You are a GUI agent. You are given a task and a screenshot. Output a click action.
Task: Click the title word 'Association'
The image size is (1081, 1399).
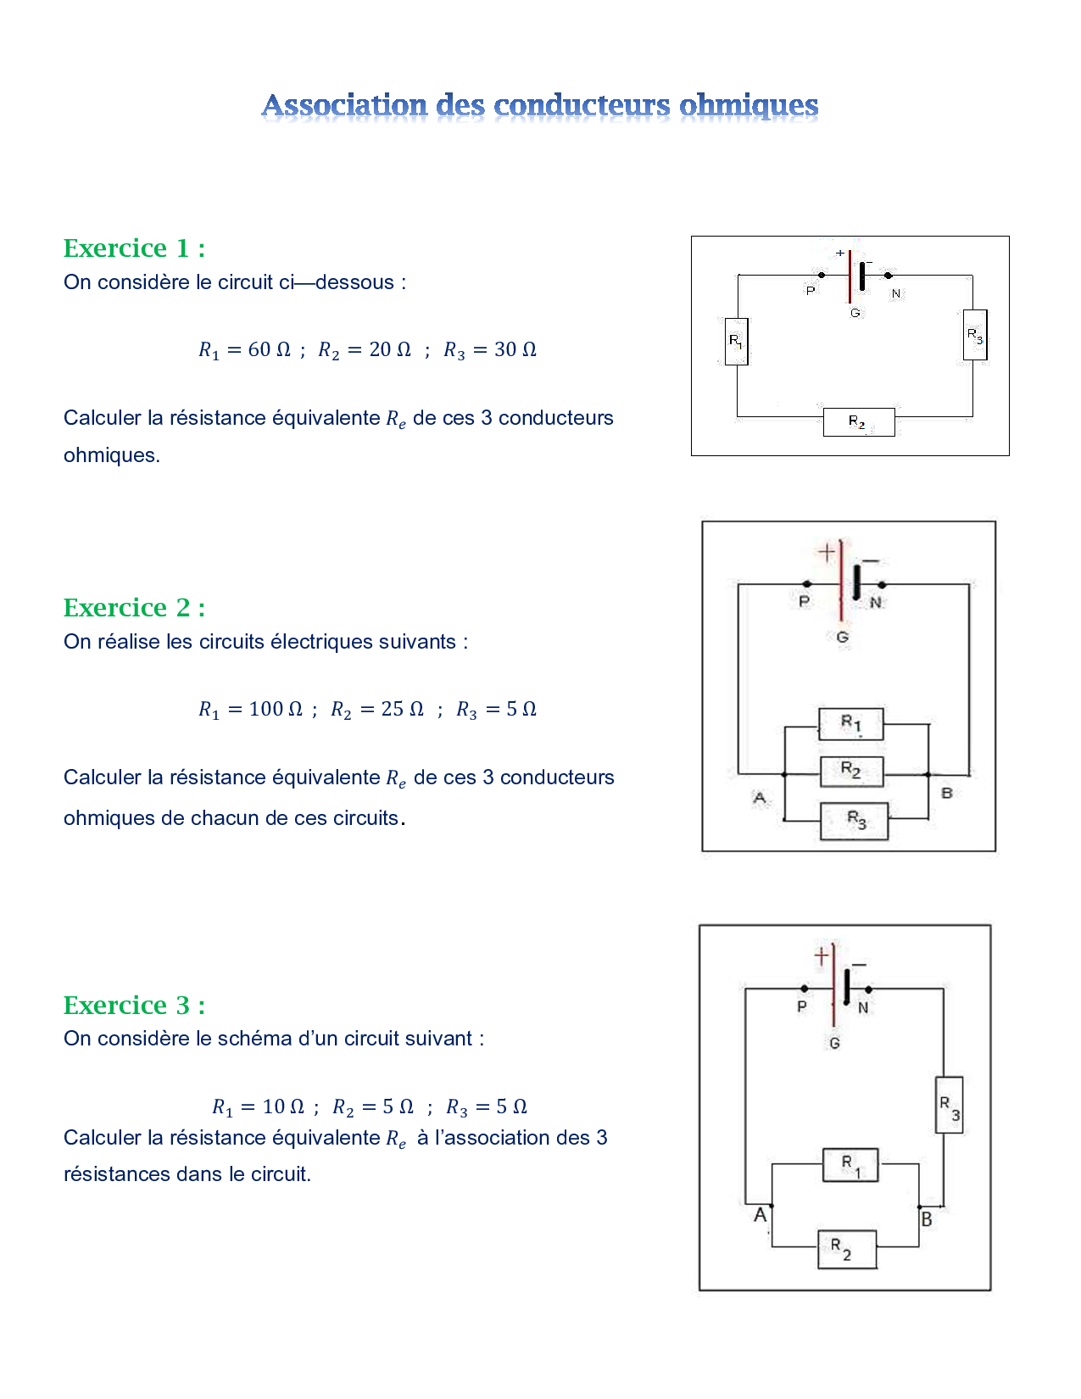tap(344, 105)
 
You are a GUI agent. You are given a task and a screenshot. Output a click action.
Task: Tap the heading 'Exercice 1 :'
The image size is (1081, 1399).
tap(135, 248)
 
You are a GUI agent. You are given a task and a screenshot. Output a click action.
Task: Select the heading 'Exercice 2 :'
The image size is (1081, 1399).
tap(135, 607)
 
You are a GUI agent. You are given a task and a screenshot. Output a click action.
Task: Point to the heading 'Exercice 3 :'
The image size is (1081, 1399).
tap(135, 1005)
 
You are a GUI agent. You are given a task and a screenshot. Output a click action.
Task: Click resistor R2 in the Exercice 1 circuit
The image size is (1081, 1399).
tap(859, 422)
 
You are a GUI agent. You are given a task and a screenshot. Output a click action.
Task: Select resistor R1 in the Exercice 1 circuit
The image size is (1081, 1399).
tap(736, 341)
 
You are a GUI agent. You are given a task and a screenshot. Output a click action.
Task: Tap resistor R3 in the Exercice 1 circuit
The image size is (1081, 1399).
tap(975, 335)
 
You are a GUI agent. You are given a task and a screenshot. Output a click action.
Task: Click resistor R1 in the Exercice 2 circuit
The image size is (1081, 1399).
tap(850, 723)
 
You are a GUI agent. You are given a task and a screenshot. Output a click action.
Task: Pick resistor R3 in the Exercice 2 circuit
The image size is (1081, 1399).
tap(855, 821)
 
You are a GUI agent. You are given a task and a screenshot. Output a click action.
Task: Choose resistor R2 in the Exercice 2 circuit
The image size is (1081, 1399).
tap(851, 772)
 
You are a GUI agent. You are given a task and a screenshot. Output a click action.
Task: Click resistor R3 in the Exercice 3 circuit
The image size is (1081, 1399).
tap(949, 1105)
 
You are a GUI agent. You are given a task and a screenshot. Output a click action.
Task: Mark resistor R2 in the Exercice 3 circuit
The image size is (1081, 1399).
tap(847, 1249)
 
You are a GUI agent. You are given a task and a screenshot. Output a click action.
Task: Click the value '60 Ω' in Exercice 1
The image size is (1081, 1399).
tap(269, 349)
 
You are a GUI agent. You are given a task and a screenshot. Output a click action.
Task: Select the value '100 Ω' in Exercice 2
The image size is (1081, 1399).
tap(276, 708)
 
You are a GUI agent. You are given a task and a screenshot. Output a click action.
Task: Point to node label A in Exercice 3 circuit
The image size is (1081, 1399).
tap(761, 1214)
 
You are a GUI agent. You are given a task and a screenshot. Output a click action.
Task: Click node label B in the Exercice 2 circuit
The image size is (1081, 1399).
tap(946, 793)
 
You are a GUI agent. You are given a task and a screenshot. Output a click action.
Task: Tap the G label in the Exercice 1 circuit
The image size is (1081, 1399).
tap(855, 313)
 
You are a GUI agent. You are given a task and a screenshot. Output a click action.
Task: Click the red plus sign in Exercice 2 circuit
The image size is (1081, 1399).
tap(827, 552)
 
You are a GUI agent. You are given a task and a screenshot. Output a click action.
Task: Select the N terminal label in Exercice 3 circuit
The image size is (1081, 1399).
tap(863, 1007)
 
